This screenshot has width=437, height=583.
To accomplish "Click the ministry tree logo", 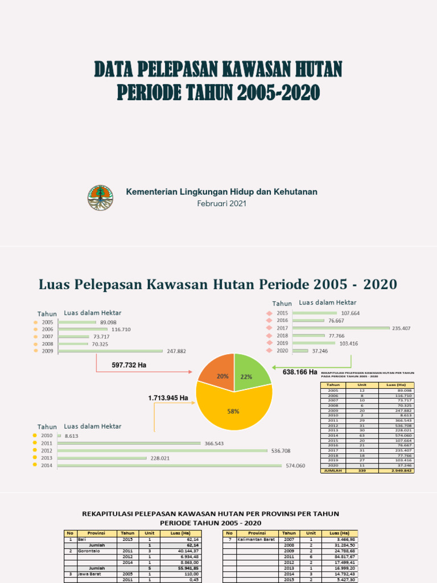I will [x=100, y=198].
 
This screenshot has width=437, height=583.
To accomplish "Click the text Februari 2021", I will [x=221, y=204].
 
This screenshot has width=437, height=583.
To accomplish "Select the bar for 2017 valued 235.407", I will [x=341, y=329].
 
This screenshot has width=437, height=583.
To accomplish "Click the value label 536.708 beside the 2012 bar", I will [x=281, y=451].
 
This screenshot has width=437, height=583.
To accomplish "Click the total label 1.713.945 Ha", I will [x=168, y=398].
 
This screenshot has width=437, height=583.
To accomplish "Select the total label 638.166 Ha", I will [x=300, y=372].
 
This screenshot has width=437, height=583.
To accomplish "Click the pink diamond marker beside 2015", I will [x=269, y=313].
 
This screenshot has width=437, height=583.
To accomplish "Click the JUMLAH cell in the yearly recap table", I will [x=333, y=471].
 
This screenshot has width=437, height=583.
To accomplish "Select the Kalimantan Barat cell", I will [x=254, y=539].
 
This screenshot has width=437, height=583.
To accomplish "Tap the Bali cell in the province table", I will [x=82, y=539].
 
